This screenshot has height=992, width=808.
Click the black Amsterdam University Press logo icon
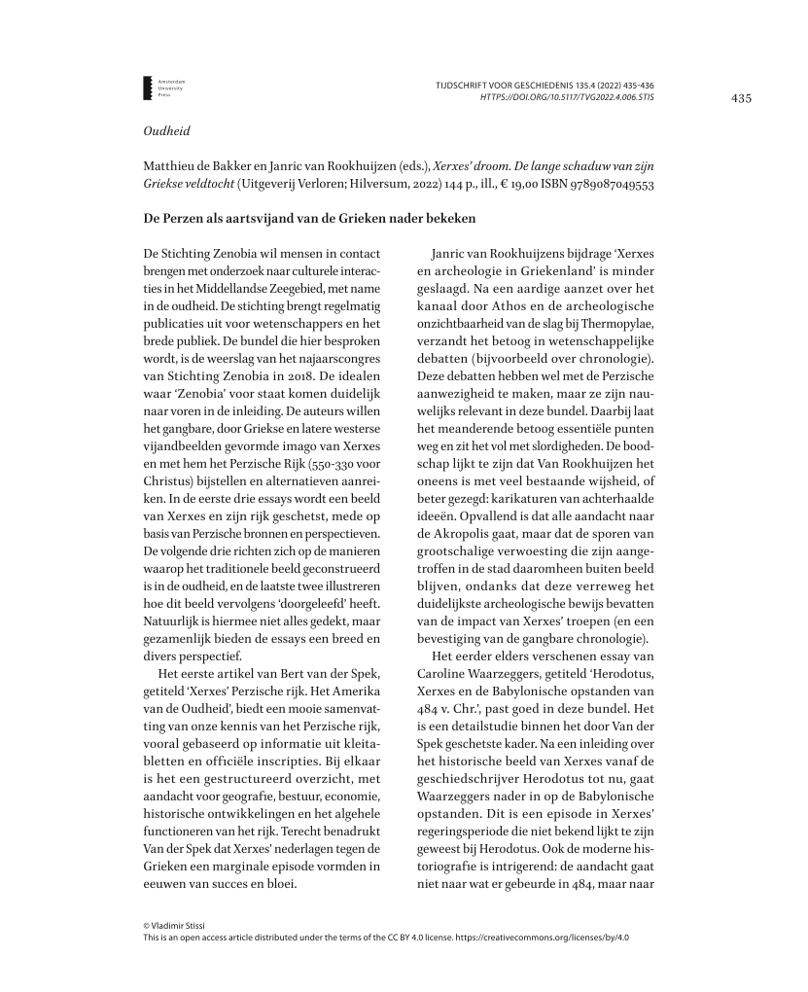pyautogui.click(x=147, y=88)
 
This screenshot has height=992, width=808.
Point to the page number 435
pyautogui.click(x=741, y=98)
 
